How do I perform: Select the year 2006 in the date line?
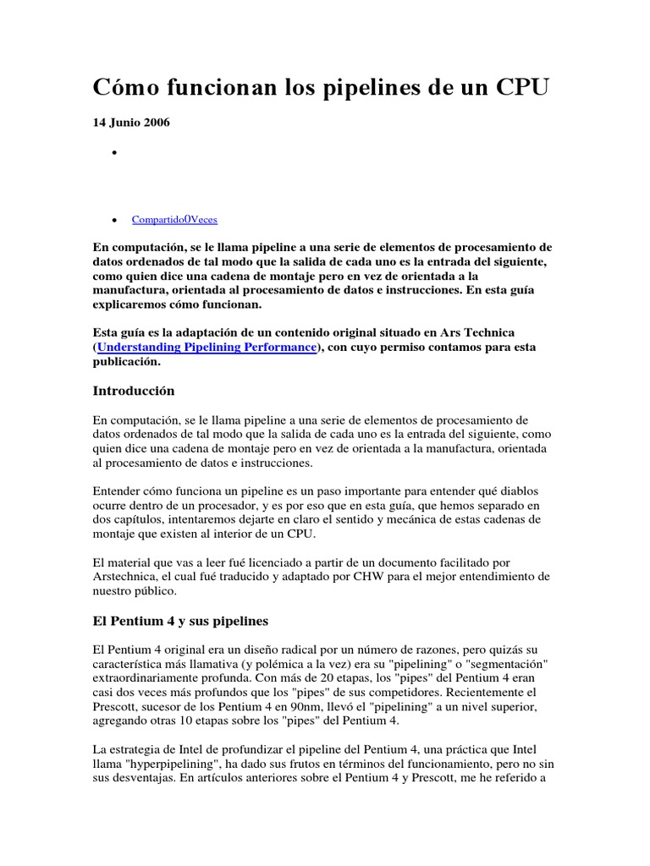156,123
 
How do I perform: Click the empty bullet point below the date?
113,154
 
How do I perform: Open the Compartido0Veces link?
174,220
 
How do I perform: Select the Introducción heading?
134,391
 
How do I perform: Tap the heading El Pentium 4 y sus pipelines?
179,621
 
